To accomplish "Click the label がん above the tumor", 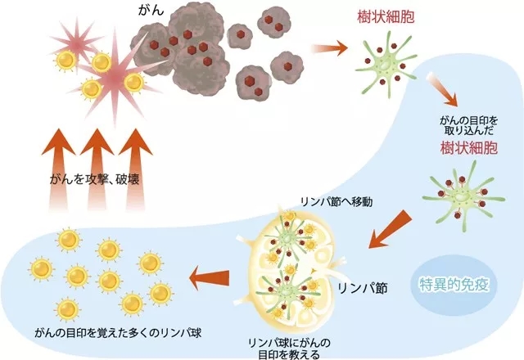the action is pos(151,11).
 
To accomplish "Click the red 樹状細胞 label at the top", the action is pos(386,16).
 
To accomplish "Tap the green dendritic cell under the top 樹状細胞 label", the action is pos(386,64).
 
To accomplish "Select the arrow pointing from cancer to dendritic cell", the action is pos(329,47).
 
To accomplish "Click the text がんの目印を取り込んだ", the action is pos(468,125).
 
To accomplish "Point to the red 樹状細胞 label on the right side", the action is pos(469,147).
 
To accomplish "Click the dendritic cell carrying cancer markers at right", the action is pos(464,196).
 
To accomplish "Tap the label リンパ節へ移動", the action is pos(337,202).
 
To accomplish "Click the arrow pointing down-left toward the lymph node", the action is pos(390,229).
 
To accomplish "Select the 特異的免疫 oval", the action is pos(454,285).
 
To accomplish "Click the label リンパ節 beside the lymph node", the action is pos(363,288).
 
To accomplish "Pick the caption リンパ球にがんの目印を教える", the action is pos(289,349).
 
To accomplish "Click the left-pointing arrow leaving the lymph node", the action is pos(209,278).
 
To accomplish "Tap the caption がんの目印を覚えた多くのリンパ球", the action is pos(118,333).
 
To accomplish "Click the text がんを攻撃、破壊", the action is pos(94,180).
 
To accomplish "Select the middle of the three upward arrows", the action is pos(97,169).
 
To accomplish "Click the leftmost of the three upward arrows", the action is pos(58,169).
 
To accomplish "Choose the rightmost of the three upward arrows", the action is pos(136,169).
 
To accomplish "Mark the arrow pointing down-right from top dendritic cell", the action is pos(442,89).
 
